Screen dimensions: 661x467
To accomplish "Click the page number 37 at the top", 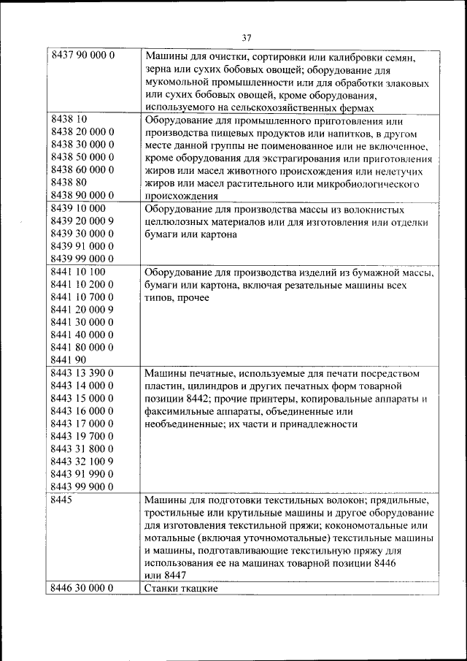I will point(246,39).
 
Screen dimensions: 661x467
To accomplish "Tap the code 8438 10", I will point(69,120).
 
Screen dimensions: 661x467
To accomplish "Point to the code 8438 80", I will point(69,182).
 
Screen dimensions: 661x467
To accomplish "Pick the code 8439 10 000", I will point(79,208).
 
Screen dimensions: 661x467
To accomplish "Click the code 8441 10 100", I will point(79,272).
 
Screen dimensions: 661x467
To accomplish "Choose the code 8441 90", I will point(69,359).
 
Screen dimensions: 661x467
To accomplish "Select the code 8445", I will point(63,500).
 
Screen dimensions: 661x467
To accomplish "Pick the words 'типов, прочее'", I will point(177,297).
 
